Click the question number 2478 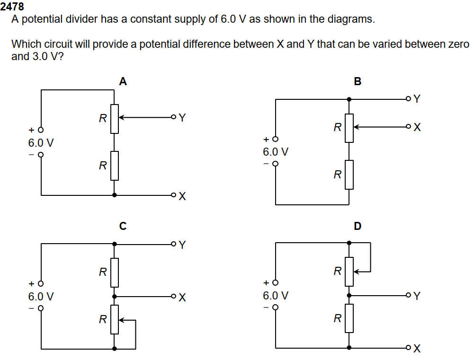pos(12,7)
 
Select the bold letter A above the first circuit pos(123,81)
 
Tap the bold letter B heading pos(358,81)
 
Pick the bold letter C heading pos(123,226)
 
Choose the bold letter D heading pos(358,226)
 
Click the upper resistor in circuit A pos(114,119)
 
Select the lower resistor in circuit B pos(349,175)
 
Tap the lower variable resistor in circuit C pos(114,319)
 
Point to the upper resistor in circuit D pos(349,272)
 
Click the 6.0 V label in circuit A pos(41,142)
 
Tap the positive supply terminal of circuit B pos(275,139)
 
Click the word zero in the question pos(457,44)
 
